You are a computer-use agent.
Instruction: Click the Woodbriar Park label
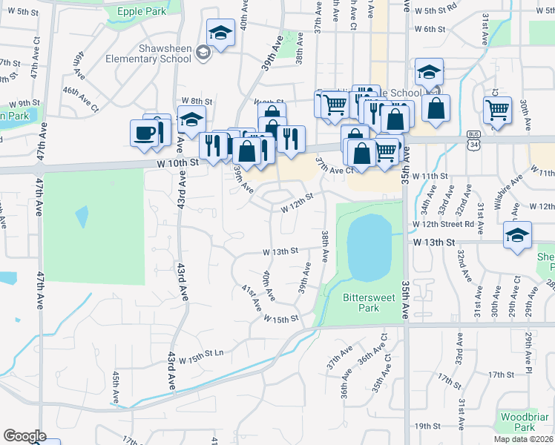518,422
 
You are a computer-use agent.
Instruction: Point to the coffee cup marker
144,133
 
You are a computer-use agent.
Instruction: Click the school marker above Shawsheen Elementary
220,33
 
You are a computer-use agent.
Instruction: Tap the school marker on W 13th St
517,235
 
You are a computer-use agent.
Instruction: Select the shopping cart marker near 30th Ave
497,110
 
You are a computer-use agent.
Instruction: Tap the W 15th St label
280,317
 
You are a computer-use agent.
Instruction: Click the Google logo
24,436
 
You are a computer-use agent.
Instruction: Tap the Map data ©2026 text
523,439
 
